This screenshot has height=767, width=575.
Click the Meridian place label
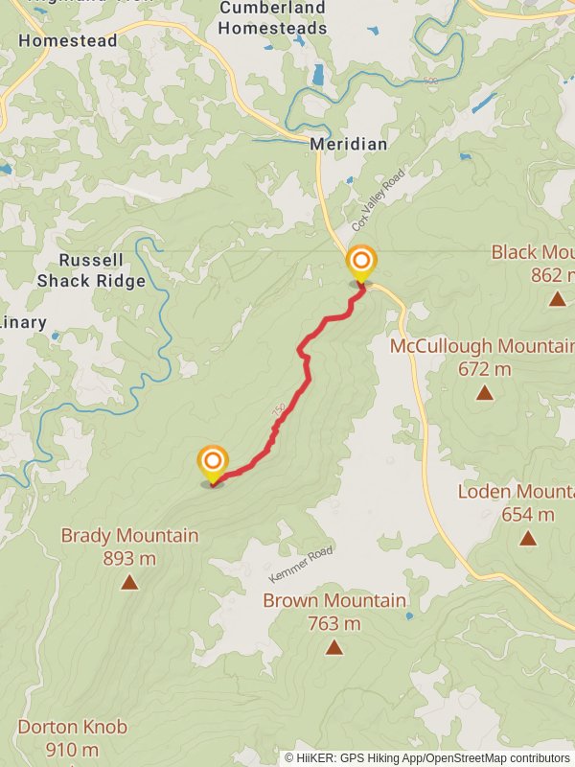(349, 144)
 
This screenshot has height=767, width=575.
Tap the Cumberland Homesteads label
(272, 17)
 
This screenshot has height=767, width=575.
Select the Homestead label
(67, 41)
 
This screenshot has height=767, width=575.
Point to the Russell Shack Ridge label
(91, 270)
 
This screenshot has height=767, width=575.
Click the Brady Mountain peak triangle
(129, 582)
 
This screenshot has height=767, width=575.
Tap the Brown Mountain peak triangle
(333, 647)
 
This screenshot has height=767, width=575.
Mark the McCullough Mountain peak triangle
(484, 392)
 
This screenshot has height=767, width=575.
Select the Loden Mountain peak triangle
(528, 537)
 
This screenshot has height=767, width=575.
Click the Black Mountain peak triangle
(558, 298)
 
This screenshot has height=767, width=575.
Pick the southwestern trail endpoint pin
(212, 464)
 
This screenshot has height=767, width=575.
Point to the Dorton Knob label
(72, 727)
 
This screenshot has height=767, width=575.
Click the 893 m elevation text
(129, 557)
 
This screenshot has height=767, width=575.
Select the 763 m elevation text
(333, 623)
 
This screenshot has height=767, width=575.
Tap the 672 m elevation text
(484, 369)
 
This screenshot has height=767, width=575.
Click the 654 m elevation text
(528, 514)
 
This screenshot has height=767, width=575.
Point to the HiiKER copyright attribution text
(426, 757)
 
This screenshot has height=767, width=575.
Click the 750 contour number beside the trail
(279, 410)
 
